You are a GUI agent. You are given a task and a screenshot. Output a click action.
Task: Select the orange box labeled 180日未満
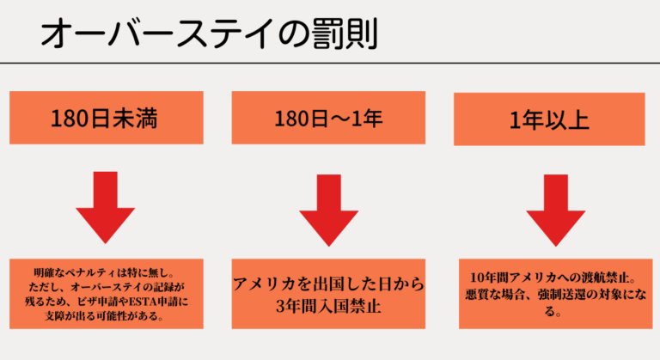point(106,119)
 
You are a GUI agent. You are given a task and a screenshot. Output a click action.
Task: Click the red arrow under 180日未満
point(106,210)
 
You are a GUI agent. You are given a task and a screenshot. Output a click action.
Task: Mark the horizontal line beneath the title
point(330,62)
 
